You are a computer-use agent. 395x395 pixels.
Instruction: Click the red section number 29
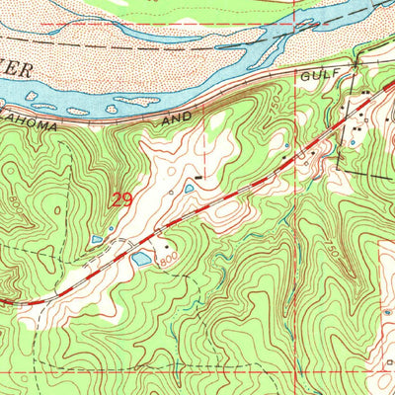123,198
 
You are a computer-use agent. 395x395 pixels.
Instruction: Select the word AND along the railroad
179,118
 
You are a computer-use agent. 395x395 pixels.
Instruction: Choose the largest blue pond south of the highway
142,259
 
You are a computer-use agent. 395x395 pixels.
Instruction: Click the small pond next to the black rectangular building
189,188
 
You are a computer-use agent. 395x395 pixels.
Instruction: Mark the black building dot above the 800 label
165,244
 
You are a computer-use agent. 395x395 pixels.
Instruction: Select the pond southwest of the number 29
97,239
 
